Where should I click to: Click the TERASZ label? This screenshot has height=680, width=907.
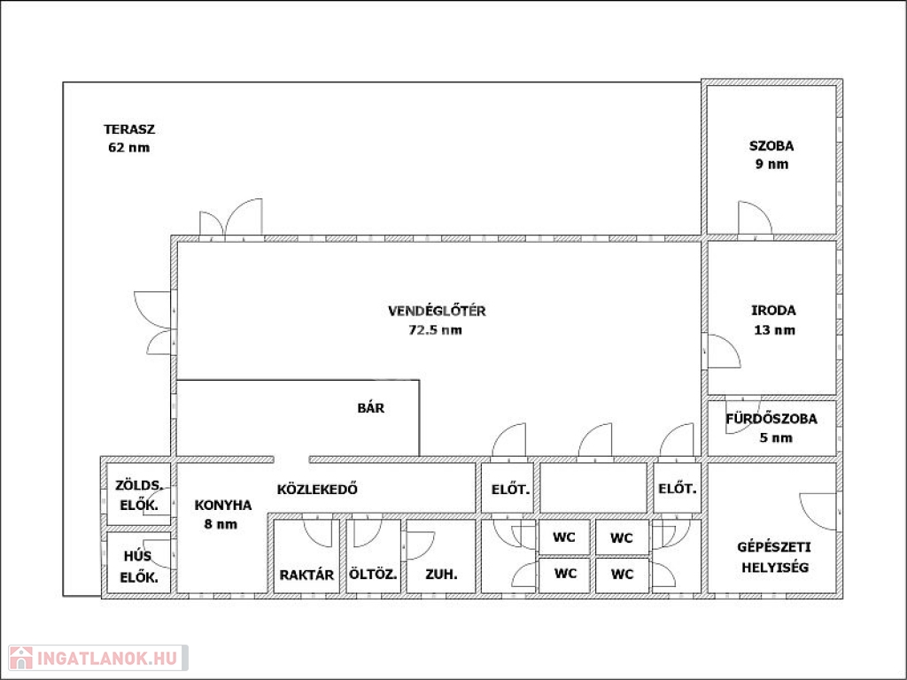[x=129, y=129]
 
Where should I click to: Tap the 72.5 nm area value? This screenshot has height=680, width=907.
[x=436, y=330]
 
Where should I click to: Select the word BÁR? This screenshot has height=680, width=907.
[x=371, y=407]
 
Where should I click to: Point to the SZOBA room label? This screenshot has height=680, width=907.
[x=771, y=146]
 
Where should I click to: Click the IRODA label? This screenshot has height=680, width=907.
[x=774, y=311]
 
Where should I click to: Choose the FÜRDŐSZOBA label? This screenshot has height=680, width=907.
[x=771, y=418]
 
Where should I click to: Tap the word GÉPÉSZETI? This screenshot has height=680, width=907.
[x=774, y=547]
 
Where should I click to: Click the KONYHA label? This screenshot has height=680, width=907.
[x=223, y=506]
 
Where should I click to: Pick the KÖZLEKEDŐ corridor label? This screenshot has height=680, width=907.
[x=317, y=489]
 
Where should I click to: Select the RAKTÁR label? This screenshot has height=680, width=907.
[x=306, y=576]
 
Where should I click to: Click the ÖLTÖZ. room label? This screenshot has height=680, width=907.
[x=373, y=575]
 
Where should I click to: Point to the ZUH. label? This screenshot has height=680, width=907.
[x=441, y=575]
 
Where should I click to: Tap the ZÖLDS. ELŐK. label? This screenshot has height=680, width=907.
[x=139, y=495]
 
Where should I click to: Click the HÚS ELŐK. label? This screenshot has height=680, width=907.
[x=139, y=567]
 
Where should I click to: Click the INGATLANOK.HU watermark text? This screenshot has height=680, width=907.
[x=107, y=658]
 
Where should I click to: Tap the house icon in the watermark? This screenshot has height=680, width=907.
[x=21, y=658]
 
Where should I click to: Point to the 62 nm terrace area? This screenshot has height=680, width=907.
[x=129, y=148]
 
